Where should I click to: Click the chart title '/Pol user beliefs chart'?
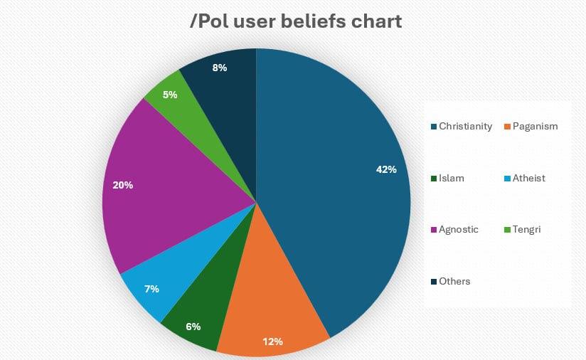pos(296,21)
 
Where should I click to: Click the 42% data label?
pos(386,169)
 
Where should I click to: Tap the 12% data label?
pos(272,341)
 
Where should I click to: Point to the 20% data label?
pos(123,185)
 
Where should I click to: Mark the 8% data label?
pos(220,68)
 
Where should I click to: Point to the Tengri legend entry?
pos(525,229)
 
